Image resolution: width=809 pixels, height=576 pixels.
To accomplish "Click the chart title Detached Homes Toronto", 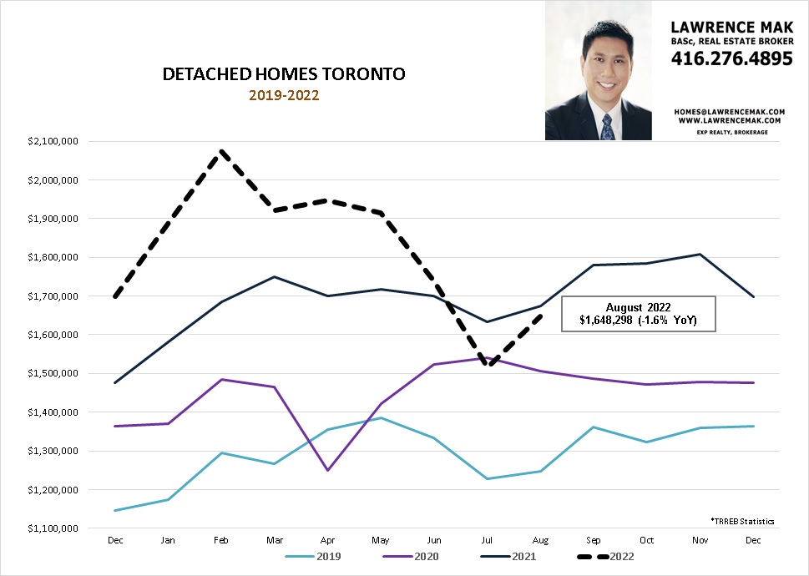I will pos(284,74).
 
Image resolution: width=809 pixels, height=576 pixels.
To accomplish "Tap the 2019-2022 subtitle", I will pos(284,95).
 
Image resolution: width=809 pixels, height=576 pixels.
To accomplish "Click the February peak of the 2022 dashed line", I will pos(222,151).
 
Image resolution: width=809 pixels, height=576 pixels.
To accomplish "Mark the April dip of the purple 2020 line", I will pos(326,470).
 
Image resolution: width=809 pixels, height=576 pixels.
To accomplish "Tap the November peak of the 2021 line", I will pos(700,255).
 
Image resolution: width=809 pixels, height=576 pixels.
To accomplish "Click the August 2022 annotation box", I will pos(639,314).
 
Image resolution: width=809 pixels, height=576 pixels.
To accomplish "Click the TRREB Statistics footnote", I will pos(742,521).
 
